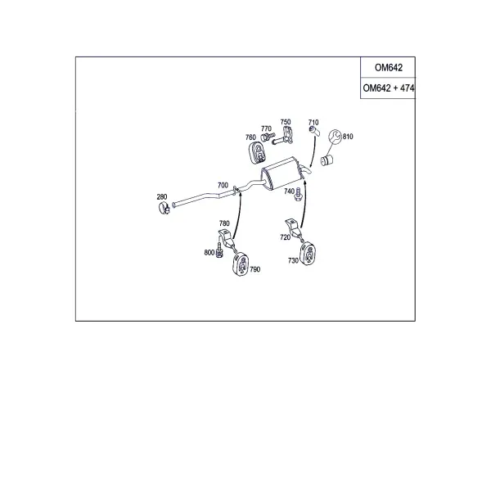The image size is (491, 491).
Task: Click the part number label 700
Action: pyautogui.click(x=223, y=185)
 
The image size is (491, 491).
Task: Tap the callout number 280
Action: pyautogui.click(x=161, y=196)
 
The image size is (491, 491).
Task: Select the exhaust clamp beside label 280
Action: pyautogui.click(x=164, y=208)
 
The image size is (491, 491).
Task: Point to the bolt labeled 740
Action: pyautogui.click(x=298, y=195)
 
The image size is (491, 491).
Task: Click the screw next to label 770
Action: pyautogui.click(x=267, y=137)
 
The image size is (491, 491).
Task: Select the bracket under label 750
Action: pyautogui.click(x=285, y=135)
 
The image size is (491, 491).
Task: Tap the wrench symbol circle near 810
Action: pyautogui.click(x=335, y=137)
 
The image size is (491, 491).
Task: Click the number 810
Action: pyautogui.click(x=348, y=137)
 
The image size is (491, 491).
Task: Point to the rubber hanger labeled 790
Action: pyautogui.click(x=241, y=264)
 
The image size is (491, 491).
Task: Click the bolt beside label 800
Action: pyautogui.click(x=219, y=250)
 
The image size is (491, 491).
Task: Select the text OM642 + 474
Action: pyautogui.click(x=388, y=88)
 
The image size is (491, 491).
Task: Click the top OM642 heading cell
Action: pyautogui.click(x=388, y=67)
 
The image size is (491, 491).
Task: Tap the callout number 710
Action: pyautogui.click(x=313, y=122)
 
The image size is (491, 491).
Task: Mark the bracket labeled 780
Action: pyautogui.click(x=226, y=238)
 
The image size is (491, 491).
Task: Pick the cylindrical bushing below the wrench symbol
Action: pyautogui.click(x=327, y=160)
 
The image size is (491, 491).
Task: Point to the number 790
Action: pyautogui.click(x=255, y=269)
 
